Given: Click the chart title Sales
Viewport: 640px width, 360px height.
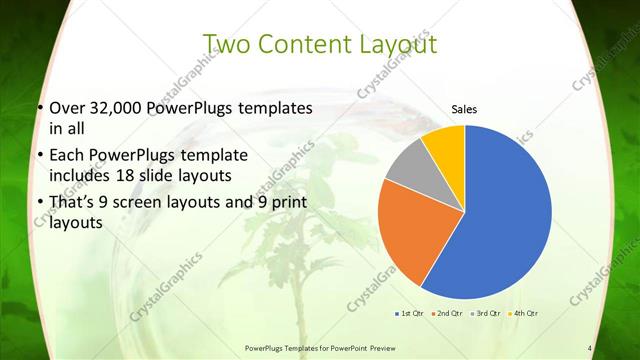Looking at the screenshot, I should pos(464,109).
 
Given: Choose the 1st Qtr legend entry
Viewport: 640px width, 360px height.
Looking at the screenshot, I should pos(411,314).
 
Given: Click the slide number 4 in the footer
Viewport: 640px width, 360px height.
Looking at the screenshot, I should pos(590,348).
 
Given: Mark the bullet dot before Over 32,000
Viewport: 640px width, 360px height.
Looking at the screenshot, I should pos(39,108).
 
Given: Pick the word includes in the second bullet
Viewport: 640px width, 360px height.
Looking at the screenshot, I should pos(80,174).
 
